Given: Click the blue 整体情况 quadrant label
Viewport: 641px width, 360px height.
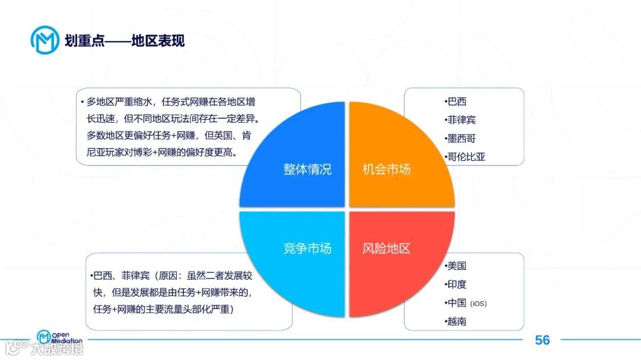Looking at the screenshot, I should (x=307, y=170).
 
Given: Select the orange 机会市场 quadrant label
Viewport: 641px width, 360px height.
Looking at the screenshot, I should (x=386, y=170).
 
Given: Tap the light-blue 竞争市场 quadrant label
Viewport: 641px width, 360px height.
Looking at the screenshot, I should (x=307, y=248).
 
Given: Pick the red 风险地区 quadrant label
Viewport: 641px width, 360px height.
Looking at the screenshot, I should (x=386, y=248).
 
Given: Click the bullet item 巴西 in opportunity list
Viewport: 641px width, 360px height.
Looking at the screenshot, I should (x=457, y=101).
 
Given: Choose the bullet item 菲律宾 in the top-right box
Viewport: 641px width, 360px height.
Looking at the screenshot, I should (x=461, y=120).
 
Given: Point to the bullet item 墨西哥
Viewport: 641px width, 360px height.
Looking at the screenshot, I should (x=461, y=138).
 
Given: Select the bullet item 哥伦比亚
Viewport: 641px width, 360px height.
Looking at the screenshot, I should (x=465, y=157).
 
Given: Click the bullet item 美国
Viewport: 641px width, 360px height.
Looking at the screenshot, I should (x=457, y=266).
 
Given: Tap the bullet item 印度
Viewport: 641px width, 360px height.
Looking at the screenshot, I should (x=457, y=284).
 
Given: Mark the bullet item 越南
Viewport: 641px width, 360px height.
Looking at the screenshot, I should (x=457, y=321).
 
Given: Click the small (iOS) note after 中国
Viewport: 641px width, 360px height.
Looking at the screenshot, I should (x=478, y=304).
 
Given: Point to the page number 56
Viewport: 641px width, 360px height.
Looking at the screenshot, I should (x=542, y=340).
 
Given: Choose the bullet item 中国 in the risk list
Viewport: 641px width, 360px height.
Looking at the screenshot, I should (x=457, y=303).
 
